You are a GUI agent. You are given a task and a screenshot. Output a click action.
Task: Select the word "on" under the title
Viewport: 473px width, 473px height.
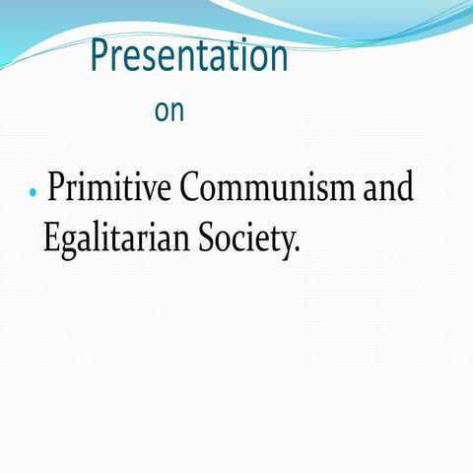[169, 111]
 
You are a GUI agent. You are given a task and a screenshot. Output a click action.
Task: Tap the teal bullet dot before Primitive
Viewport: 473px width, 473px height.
[33, 192]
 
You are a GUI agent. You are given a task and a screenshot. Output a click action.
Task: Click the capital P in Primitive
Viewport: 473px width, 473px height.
[56, 187]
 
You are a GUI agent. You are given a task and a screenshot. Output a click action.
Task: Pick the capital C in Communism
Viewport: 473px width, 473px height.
[188, 187]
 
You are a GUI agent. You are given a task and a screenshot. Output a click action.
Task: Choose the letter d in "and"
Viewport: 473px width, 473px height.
[404, 186]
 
